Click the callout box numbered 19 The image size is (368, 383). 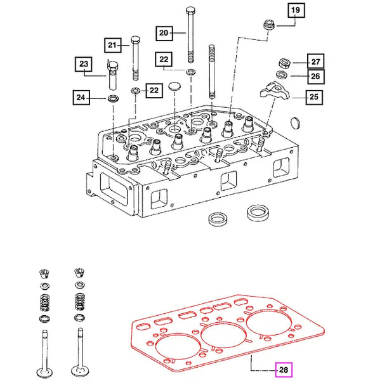click(296, 10)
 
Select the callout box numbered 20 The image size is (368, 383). click(163, 32)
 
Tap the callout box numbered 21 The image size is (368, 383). click(112, 45)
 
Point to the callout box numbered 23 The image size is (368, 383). click(84, 64)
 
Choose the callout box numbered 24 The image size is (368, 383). click(81, 98)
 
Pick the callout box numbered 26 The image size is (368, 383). click(315, 77)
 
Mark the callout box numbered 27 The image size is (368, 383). click(315, 62)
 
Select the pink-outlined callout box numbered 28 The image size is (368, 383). click(282, 368)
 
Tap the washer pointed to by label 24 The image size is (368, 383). click(113, 99)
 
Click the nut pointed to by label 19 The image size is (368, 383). click(268, 26)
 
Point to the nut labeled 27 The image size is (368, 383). click(284, 63)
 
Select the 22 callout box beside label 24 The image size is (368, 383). click(152, 91)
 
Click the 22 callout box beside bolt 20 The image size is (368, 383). click(164, 60)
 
